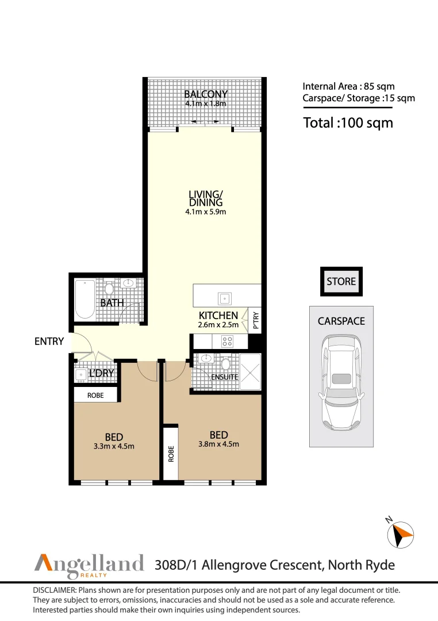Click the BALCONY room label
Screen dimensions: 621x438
coord(206,94)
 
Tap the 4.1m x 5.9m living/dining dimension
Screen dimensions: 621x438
coord(206,212)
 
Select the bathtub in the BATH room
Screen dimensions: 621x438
coord(85,298)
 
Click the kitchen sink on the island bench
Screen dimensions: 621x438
coord(224,298)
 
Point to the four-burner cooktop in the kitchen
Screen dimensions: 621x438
coord(227,341)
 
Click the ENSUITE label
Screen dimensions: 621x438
coord(224,377)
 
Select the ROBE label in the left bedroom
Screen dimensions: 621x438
coord(95,396)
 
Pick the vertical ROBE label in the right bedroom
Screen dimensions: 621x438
coord(171,454)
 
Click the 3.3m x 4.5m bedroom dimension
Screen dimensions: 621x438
coord(114,446)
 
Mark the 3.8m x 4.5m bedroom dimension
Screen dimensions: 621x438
coord(218,444)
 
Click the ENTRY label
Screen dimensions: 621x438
coord(49,342)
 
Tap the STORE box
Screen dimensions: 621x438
coord(341,282)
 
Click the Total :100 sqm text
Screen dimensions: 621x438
coord(348,122)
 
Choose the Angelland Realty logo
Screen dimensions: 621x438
coord(89,563)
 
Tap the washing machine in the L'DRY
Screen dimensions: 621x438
coord(80,374)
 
